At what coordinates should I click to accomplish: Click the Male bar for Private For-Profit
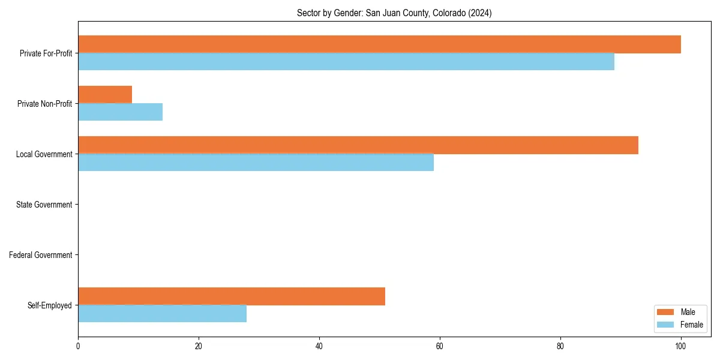[379, 44]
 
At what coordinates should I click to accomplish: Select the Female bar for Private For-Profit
[346, 62]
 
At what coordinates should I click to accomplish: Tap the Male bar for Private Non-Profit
[105, 95]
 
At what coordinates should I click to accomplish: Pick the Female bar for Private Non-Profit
[120, 112]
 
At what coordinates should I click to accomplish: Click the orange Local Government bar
[358, 145]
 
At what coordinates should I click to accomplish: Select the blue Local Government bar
[256, 163]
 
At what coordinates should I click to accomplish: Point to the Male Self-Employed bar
[232, 296]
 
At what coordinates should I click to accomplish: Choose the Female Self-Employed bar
[162, 314]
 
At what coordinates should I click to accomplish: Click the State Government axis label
[44, 205]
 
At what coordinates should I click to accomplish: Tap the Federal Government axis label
[41, 255]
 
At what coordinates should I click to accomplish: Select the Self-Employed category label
[49, 305]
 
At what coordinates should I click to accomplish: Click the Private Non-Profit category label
[44, 104]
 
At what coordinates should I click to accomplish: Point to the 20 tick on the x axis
[199, 346]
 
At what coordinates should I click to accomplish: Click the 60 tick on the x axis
[440, 346]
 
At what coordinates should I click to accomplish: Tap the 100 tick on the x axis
[680, 346]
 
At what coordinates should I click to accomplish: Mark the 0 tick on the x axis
[78, 346]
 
